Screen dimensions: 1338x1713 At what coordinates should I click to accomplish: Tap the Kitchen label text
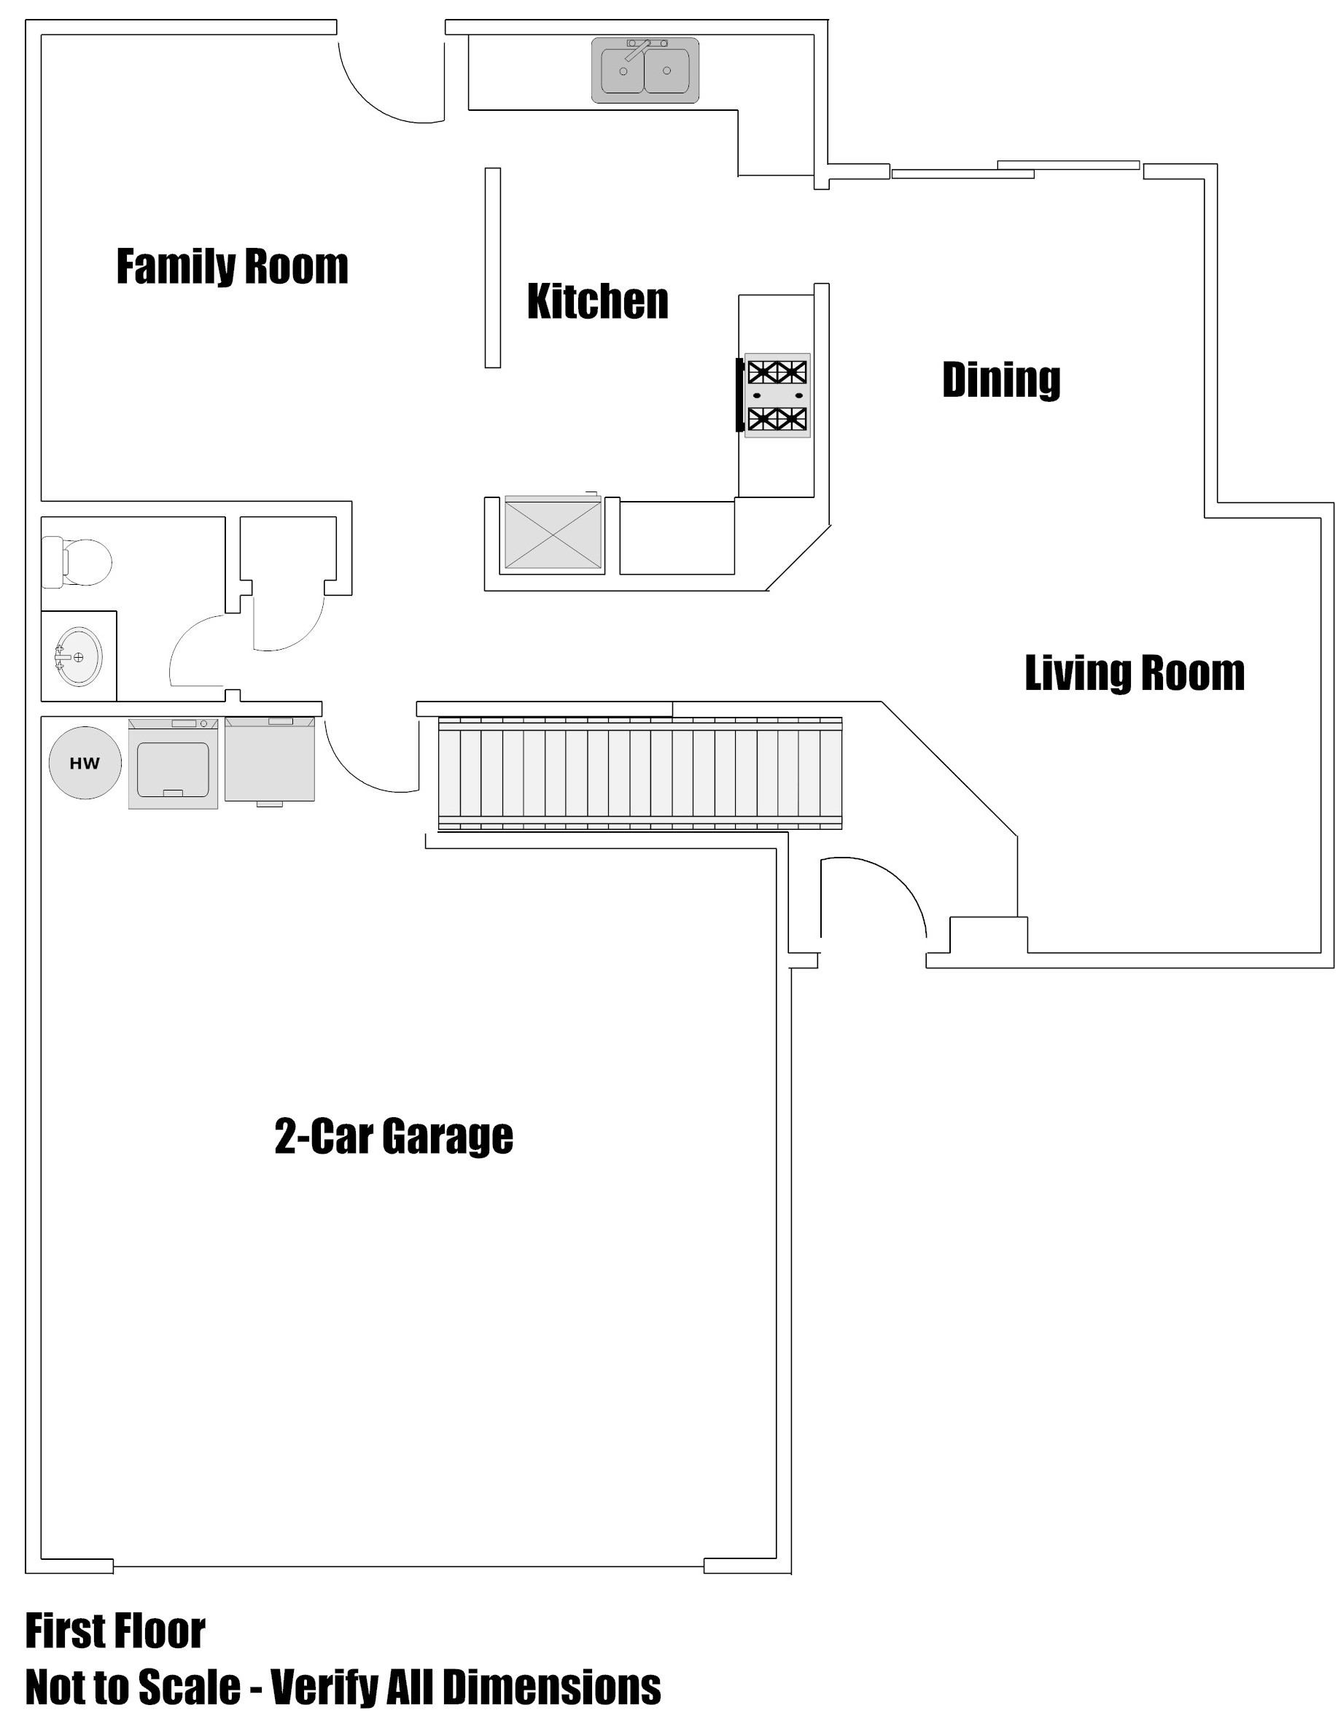598,301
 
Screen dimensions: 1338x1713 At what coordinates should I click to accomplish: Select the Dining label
1002,381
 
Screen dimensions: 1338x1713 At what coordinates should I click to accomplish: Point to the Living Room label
1135,673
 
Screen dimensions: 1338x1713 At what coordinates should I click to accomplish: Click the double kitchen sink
645,70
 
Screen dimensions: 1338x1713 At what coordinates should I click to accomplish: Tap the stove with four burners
776,395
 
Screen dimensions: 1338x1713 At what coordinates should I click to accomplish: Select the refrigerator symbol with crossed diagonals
553,532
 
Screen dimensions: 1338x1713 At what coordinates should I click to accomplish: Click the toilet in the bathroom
76,562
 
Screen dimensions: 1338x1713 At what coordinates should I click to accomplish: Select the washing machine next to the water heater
173,764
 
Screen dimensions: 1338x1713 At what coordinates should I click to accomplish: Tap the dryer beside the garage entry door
270,760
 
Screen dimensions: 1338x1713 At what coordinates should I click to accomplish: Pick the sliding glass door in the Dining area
1016,169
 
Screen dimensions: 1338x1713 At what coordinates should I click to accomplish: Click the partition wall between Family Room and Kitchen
492,268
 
